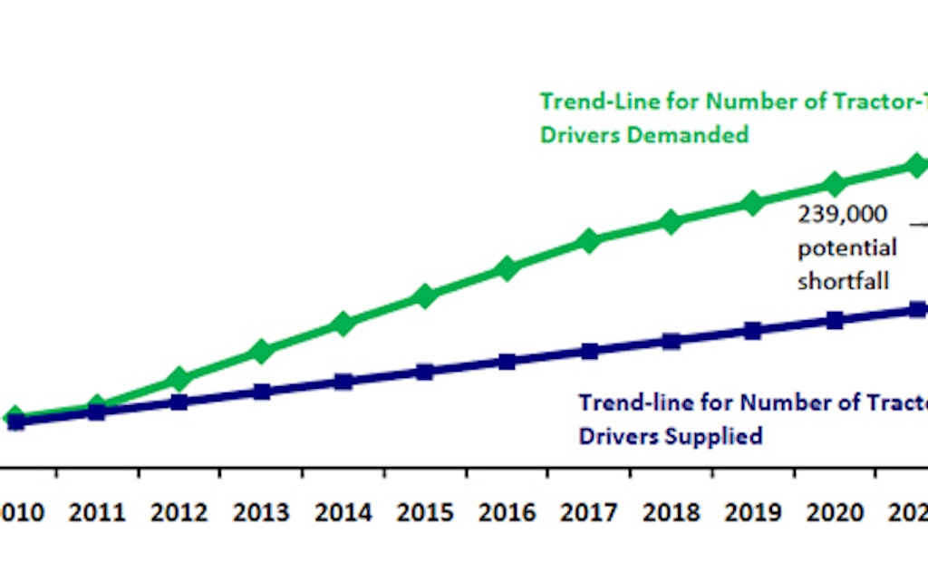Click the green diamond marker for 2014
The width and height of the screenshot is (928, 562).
[343, 324]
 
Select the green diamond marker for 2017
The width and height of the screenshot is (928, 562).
[589, 241]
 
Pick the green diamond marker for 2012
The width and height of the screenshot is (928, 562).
[179, 378]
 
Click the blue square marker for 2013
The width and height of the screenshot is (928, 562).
[261, 392]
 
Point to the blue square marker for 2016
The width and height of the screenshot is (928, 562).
[507, 362]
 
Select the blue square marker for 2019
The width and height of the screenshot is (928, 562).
[752, 331]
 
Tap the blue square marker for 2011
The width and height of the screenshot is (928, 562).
[97, 412]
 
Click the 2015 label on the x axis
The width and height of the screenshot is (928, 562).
[425, 514]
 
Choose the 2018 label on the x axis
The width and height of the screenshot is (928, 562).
[671, 514]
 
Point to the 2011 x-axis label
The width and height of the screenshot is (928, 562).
[97, 514]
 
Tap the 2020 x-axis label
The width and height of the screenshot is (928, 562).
[835, 514]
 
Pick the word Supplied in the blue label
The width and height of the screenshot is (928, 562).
[712, 436]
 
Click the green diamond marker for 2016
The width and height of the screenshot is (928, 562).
[507, 268]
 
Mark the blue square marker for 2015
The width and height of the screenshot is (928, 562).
[425, 372]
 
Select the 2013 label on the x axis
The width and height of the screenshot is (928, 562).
[261, 514]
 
